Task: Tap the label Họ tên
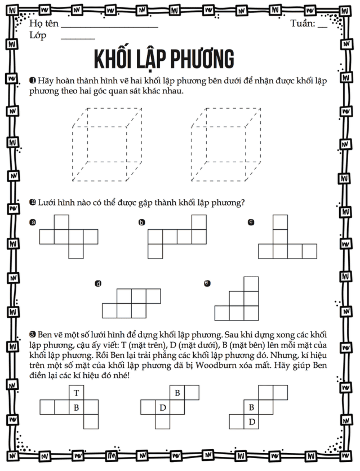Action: (x=42, y=24)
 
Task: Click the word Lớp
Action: (x=38, y=35)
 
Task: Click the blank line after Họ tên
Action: (x=109, y=26)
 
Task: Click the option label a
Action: (x=33, y=223)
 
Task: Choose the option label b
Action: (x=141, y=223)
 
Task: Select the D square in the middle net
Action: (x=162, y=407)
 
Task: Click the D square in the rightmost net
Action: (x=251, y=421)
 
